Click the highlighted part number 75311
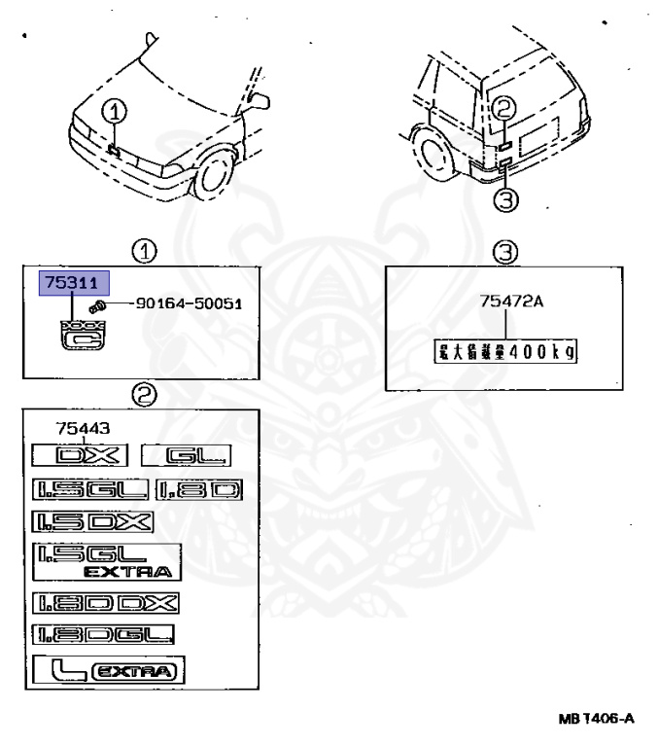[74, 283]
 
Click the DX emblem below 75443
[79, 454]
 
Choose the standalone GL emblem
[184, 454]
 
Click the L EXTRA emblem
[108, 671]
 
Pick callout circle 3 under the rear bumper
[507, 198]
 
